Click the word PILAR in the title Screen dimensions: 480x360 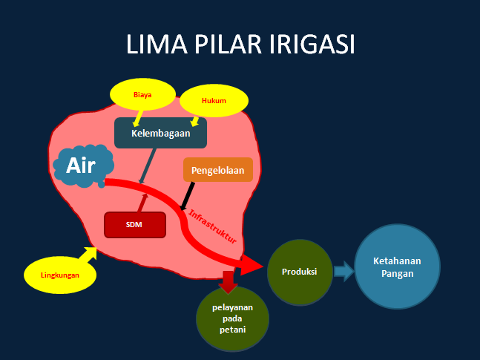[228, 44]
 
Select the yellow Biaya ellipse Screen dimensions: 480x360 [142, 94]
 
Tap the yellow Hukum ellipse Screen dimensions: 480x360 [214, 101]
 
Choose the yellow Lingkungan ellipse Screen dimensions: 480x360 [60, 275]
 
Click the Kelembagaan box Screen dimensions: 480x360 [161, 134]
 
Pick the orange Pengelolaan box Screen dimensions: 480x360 [218, 170]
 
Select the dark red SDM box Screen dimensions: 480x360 [135, 225]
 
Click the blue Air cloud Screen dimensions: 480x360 [83, 166]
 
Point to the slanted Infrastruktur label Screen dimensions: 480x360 [212, 226]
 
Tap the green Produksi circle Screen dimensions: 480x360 [300, 272]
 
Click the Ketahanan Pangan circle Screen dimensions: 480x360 [398, 267]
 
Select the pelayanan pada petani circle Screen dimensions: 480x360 [233, 318]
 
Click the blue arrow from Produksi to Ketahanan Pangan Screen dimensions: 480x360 [343, 272]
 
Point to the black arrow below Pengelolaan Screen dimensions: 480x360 [188, 197]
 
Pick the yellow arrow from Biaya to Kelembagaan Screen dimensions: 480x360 [138, 118]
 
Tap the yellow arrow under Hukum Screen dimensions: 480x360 [194, 121]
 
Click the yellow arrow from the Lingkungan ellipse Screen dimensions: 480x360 [88, 254]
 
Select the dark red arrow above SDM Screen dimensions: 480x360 [142, 203]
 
